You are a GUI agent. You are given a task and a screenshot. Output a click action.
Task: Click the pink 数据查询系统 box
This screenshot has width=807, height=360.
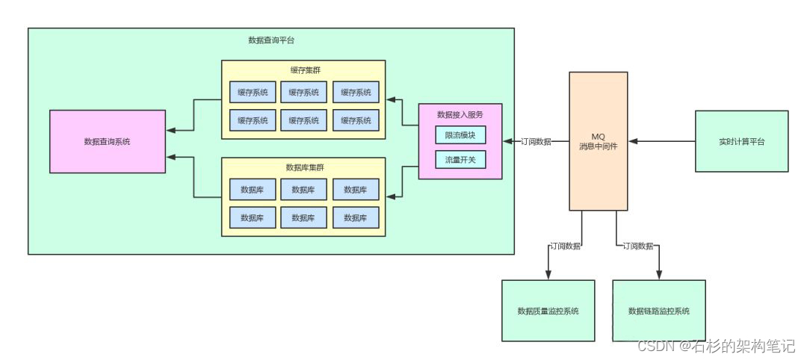[107, 141]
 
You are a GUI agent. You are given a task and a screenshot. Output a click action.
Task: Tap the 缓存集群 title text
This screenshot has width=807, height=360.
[303, 70]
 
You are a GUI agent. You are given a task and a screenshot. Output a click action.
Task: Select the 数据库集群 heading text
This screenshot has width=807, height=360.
[303, 167]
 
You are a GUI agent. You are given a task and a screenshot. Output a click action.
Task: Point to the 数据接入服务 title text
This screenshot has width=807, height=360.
[460, 114]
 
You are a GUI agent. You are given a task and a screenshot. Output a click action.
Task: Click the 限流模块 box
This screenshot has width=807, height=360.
[460, 135]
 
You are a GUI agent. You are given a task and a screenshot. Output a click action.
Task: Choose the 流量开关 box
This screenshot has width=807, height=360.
[460, 159]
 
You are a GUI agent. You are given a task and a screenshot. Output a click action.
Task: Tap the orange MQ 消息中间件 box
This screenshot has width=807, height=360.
[598, 141]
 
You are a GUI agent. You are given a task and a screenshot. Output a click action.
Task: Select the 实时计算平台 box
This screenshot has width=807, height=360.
[741, 141]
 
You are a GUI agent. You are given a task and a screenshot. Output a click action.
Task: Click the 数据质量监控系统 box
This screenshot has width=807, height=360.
[548, 311]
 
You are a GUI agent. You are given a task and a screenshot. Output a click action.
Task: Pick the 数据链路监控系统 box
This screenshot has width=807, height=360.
[658, 311]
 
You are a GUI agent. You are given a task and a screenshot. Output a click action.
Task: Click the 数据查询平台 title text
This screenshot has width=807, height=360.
[270, 40]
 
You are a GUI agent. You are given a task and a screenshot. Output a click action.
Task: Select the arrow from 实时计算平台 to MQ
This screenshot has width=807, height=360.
[661, 141]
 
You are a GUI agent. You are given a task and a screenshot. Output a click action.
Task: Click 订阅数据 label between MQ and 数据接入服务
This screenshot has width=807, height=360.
[536, 141]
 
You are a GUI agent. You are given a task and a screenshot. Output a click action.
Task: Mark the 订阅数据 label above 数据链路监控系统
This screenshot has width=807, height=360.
[638, 246]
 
